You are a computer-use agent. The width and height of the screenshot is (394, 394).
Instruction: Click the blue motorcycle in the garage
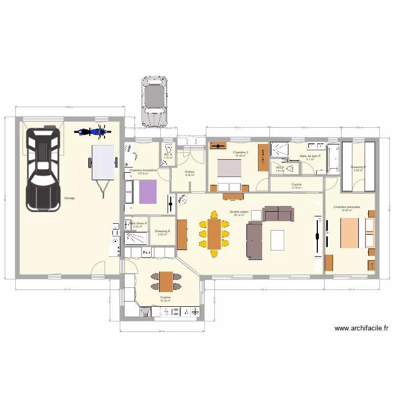(x=90, y=131)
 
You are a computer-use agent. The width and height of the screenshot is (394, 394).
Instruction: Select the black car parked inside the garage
(x=44, y=167)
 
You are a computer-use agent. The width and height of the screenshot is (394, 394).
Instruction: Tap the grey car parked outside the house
(x=154, y=101)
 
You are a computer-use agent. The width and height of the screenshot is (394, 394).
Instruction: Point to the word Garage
(x=69, y=198)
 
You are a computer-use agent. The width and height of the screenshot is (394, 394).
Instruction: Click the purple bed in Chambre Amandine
(x=148, y=192)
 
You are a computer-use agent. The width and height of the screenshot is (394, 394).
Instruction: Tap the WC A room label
(x=168, y=155)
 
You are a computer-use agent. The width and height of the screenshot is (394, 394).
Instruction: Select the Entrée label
(x=190, y=172)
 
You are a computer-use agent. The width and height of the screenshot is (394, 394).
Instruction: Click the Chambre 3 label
(x=241, y=152)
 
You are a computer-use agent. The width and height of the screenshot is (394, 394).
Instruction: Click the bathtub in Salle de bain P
(x=333, y=158)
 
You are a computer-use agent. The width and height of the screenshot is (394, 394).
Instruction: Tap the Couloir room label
(x=297, y=184)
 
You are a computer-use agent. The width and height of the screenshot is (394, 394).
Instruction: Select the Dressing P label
(x=358, y=168)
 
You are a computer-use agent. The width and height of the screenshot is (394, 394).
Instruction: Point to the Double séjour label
(x=240, y=212)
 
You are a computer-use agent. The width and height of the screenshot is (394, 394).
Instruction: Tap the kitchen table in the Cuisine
(x=167, y=282)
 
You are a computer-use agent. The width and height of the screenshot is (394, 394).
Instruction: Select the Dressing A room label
(x=162, y=231)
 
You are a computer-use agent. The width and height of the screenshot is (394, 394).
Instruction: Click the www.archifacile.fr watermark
(x=361, y=328)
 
